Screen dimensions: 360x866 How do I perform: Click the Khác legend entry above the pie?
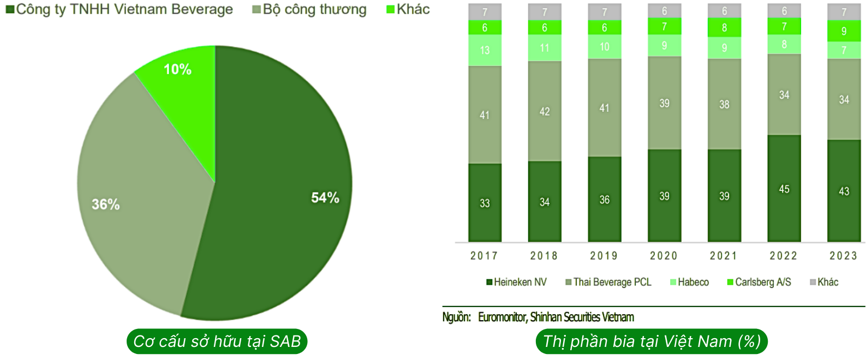point(408,9)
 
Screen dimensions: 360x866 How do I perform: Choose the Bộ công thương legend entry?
point(309,9)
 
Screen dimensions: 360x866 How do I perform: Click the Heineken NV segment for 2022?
point(784,188)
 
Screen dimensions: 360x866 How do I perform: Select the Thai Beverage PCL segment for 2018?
point(544,111)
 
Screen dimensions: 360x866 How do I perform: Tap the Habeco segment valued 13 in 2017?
point(485,50)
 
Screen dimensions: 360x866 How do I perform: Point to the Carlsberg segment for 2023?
point(844,31)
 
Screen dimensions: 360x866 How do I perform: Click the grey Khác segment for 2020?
point(664,11)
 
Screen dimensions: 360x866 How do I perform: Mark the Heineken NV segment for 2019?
point(604,199)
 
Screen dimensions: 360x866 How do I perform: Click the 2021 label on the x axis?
point(724,256)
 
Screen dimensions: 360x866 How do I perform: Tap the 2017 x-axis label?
point(484,256)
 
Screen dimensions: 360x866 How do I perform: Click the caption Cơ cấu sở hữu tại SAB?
point(217,341)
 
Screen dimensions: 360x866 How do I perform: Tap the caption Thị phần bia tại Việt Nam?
point(652,341)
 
